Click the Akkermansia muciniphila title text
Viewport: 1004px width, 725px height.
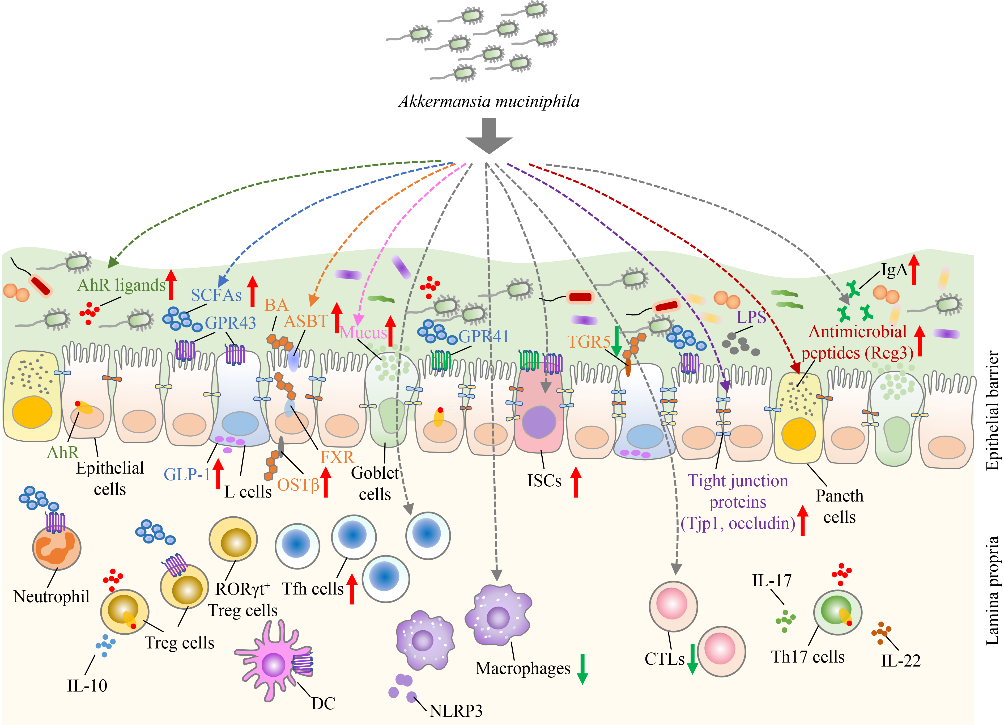click(489, 102)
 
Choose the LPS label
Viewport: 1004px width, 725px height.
click(751, 317)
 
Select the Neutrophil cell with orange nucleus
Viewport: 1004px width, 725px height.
click(57, 548)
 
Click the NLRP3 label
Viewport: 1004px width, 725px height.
click(456, 711)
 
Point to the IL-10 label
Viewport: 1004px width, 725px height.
click(87, 686)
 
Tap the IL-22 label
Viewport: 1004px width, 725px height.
click(901, 661)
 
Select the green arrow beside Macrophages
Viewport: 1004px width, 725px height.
click(582, 669)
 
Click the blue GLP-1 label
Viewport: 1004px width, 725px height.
click(187, 474)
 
